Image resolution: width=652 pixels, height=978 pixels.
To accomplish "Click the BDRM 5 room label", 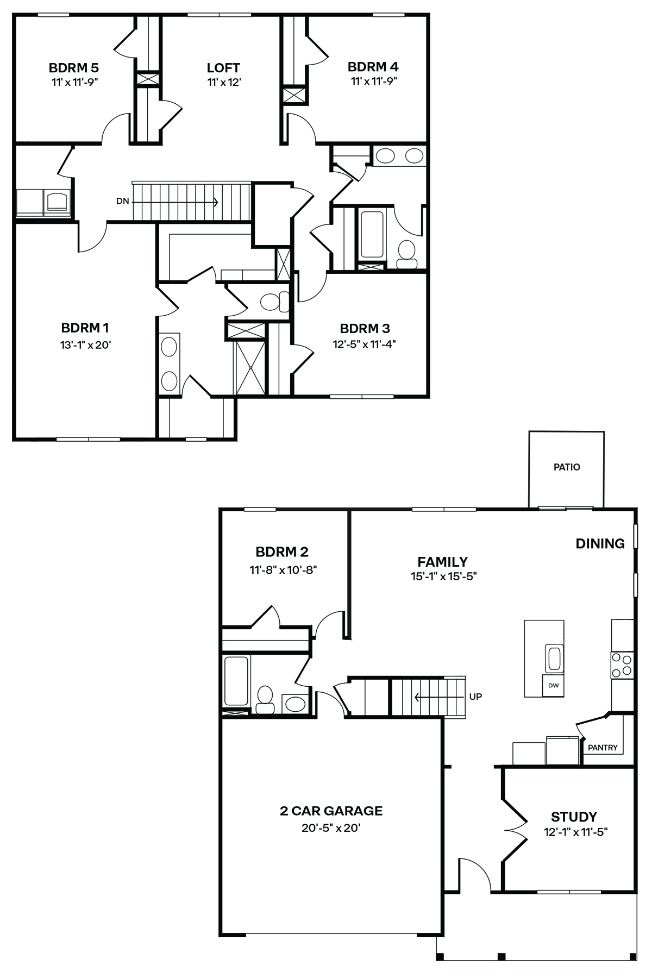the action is tap(74, 68).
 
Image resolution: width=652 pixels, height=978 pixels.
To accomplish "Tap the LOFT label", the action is tap(223, 68).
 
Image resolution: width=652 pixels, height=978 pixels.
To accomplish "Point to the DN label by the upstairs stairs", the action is tap(123, 202).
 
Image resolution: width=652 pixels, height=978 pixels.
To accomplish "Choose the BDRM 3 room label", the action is tap(365, 329).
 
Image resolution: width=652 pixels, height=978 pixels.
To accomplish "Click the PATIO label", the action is tap(567, 467).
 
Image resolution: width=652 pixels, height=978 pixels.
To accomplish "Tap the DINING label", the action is tap(600, 543).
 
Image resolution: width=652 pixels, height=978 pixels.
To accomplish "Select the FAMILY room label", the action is tap(443, 562).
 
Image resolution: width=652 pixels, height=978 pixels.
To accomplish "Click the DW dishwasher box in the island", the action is tap(553, 686).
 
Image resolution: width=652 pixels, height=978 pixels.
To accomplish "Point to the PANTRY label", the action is tap(603, 748).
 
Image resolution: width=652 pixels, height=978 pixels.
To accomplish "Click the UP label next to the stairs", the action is tap(475, 697).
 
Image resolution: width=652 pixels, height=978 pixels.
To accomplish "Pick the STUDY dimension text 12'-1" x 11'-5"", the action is tap(575, 832).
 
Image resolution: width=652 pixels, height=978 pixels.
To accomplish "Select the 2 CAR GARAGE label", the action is tap(331, 811).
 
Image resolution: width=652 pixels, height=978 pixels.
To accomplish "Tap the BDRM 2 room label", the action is tap(282, 552).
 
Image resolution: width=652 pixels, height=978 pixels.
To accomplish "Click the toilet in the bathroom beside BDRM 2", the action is tap(265, 699).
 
